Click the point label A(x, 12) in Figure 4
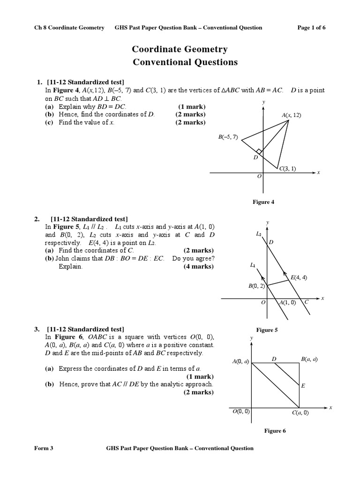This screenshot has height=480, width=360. point(292,115)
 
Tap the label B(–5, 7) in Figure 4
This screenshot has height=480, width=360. point(228,137)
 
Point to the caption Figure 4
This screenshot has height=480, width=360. point(263,202)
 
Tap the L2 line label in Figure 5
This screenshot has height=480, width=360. point(259,233)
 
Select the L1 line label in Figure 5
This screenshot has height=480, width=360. point(253,265)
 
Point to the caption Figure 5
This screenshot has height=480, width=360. point(266,330)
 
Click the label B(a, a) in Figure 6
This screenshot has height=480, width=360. point(309,360)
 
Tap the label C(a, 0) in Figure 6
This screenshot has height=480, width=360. point(300,413)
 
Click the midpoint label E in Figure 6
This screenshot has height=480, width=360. point(303,386)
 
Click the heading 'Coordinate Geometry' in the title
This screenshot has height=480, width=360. point(180,49)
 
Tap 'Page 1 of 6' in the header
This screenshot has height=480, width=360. point(311,28)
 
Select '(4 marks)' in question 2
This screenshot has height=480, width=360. point(198,267)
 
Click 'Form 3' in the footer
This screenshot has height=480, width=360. point(44,448)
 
